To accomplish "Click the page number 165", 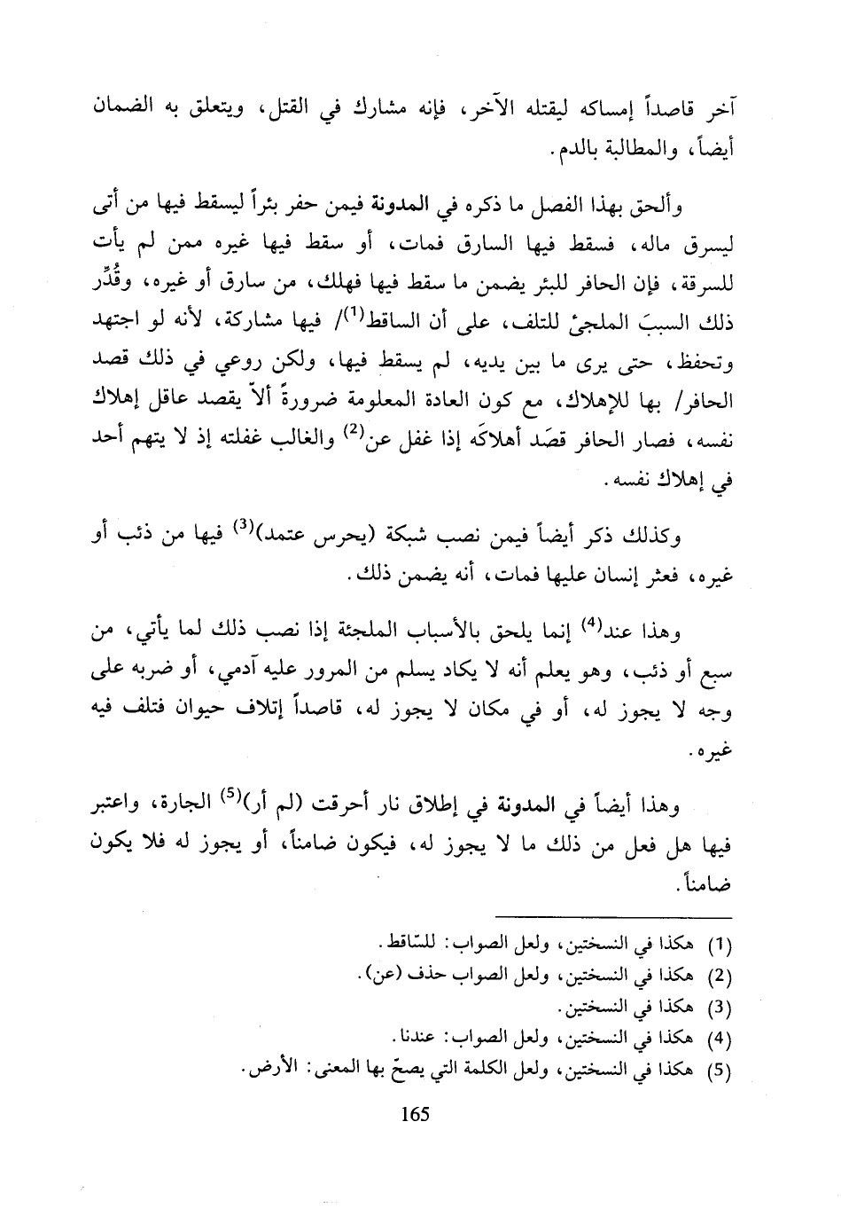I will [415, 1114].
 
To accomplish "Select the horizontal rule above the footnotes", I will [613, 917].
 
